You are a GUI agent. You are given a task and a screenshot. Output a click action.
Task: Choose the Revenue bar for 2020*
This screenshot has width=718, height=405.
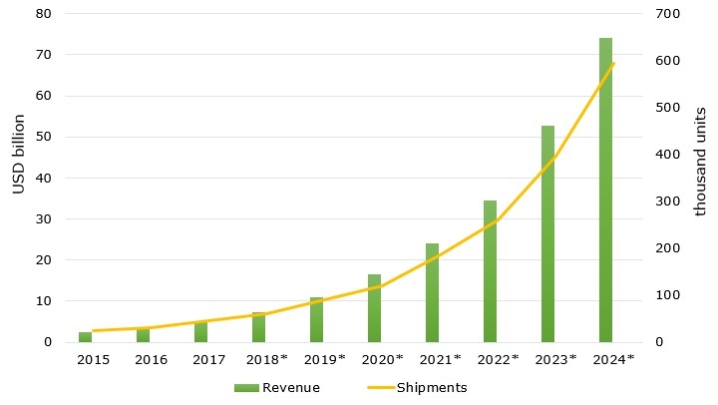[x=374, y=308]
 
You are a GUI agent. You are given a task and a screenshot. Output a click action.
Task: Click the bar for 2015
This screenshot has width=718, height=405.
[x=85, y=337]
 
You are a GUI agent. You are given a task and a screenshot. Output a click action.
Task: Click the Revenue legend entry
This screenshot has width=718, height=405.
[x=289, y=387]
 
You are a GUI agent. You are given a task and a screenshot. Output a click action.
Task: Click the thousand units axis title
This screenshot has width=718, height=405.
[x=700, y=162]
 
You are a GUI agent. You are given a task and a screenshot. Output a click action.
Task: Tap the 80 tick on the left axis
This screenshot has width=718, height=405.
[x=44, y=14]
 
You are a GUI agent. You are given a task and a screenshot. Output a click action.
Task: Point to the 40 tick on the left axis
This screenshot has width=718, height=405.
[x=44, y=179]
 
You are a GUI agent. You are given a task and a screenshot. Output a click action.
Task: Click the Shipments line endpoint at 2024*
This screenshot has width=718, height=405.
[x=613, y=64]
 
